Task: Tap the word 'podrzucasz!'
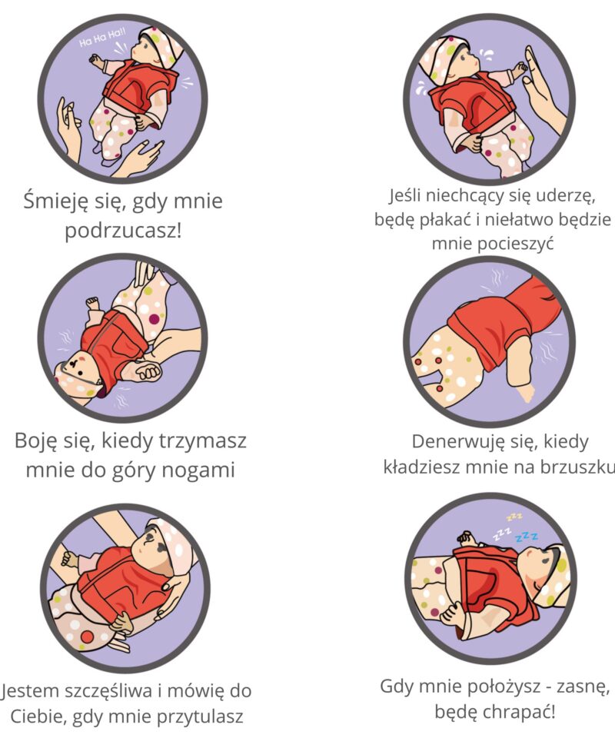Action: [123, 231]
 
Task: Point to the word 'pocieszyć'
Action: [515, 244]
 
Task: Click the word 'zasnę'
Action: [584, 687]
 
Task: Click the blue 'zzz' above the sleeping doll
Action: [527, 537]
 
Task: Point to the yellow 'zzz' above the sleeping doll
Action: [514, 517]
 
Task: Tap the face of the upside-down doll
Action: [78, 371]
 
